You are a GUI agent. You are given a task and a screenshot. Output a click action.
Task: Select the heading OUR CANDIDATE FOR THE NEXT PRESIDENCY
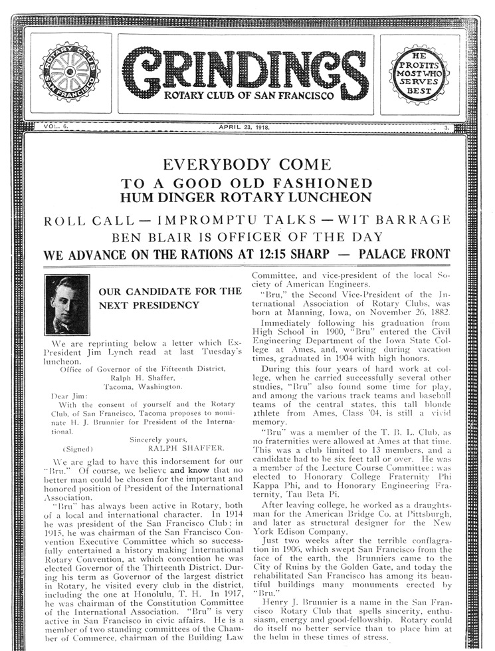pos(169,299)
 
